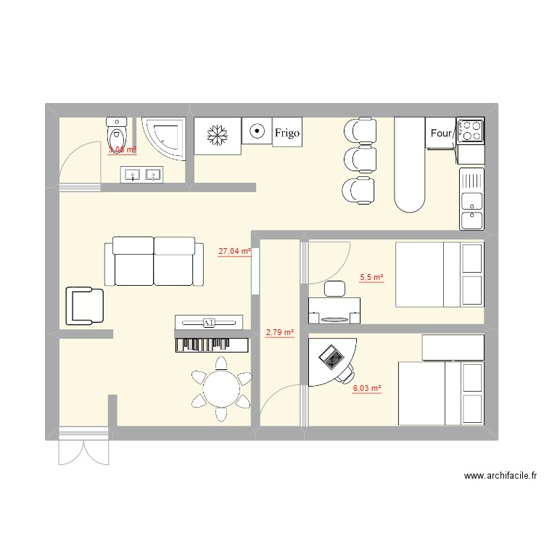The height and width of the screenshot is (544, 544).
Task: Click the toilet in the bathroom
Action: (116, 133)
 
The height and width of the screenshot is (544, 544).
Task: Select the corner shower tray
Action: (165, 139)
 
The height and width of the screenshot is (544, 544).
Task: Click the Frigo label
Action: (287, 133)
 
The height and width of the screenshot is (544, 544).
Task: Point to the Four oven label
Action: (441, 133)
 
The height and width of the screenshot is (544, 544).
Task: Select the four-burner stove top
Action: (470, 130)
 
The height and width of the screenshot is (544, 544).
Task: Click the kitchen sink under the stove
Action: (471, 199)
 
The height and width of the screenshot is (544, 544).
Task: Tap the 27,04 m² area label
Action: (234, 252)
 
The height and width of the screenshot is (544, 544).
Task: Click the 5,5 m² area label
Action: (371, 277)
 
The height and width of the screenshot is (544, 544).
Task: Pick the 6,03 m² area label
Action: (366, 389)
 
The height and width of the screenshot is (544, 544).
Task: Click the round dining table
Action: (222, 389)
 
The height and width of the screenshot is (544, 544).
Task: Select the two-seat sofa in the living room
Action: (154, 261)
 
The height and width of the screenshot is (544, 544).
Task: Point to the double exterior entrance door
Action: (83, 446)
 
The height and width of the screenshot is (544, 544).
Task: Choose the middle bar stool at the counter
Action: (360, 159)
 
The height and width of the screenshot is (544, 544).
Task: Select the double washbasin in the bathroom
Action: (143, 175)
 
